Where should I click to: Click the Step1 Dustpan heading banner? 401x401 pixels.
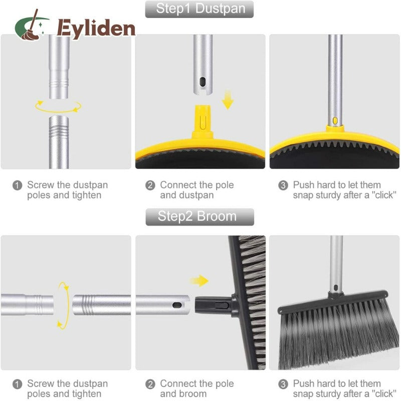(199, 9)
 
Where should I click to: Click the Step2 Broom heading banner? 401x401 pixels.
(199, 217)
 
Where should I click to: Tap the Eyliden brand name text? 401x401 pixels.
(96, 29)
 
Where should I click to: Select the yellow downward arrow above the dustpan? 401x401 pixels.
(228, 100)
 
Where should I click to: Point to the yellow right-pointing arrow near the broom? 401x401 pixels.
(199, 281)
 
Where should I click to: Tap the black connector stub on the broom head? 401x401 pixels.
(214, 305)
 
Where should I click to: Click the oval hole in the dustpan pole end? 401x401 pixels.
(203, 82)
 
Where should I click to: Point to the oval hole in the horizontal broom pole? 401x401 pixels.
(177, 305)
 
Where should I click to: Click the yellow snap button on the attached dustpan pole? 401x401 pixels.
(335, 120)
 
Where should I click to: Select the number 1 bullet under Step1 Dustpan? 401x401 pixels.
(18, 185)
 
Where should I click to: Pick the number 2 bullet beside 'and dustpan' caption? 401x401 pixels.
(150, 185)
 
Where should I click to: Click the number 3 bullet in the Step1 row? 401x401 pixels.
(283, 185)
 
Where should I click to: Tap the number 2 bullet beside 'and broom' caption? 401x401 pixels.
(150, 384)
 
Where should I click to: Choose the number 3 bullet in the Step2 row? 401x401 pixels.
(283, 384)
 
